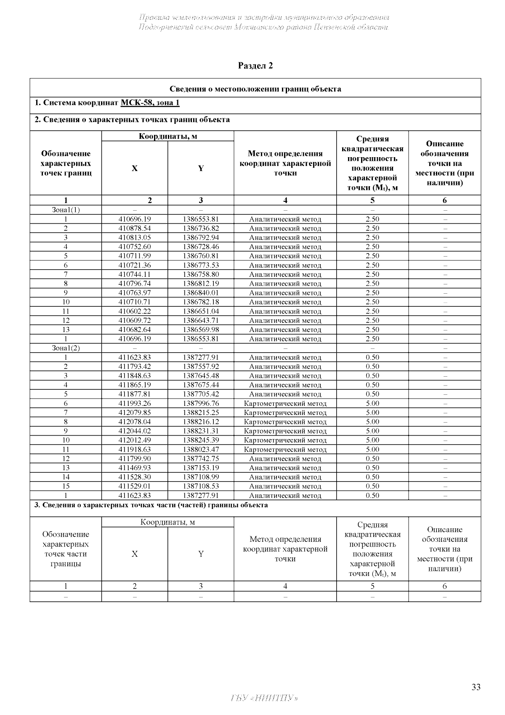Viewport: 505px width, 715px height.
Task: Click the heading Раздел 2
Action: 255,66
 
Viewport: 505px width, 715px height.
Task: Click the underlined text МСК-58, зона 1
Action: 150,103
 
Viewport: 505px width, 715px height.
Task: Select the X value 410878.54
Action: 134,228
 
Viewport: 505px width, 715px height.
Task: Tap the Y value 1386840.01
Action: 201,293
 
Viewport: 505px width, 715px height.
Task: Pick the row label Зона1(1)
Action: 66,210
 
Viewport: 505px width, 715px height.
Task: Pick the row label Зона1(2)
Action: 66,348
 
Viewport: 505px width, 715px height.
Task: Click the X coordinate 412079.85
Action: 134,412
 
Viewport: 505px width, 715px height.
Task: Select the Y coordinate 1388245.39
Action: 201,440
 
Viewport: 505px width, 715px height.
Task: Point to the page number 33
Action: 476,687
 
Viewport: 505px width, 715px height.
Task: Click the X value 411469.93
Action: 134,468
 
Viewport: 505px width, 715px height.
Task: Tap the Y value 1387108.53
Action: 201,486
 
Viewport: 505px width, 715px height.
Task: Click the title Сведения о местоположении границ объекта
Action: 255,89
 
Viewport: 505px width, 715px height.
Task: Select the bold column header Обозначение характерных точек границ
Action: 66,163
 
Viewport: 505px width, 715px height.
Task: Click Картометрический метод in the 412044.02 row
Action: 285,431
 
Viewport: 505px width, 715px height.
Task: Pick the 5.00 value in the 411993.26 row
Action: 372,403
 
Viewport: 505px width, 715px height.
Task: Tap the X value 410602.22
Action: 134,311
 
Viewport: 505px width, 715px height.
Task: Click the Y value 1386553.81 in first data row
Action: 201,219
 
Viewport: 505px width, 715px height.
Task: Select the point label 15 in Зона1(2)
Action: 66,486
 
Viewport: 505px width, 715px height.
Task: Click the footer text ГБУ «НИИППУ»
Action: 264,698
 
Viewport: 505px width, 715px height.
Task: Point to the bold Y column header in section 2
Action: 201,169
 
